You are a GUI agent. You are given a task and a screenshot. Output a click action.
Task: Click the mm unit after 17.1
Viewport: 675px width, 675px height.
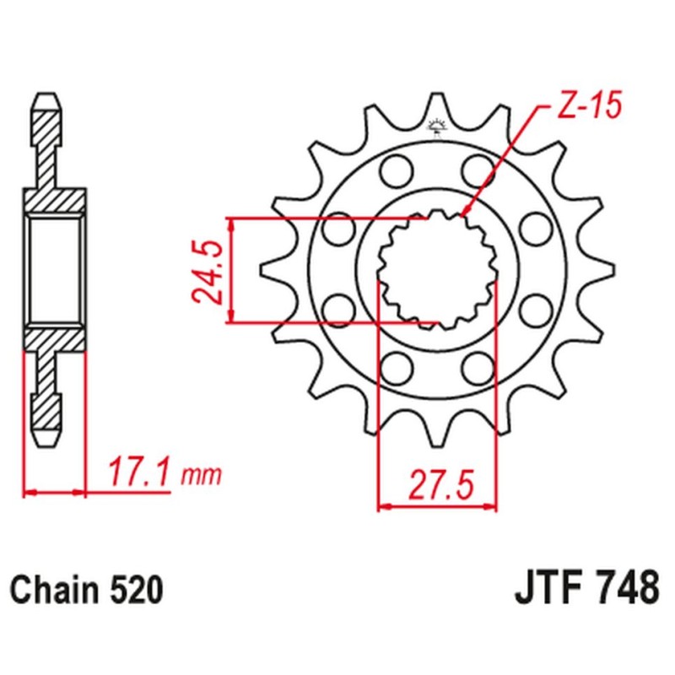[x=201, y=475]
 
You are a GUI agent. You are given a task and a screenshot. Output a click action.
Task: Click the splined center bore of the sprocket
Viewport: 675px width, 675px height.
[x=436, y=270]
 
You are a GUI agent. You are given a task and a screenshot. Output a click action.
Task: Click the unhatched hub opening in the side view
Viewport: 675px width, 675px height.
[x=55, y=270]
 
